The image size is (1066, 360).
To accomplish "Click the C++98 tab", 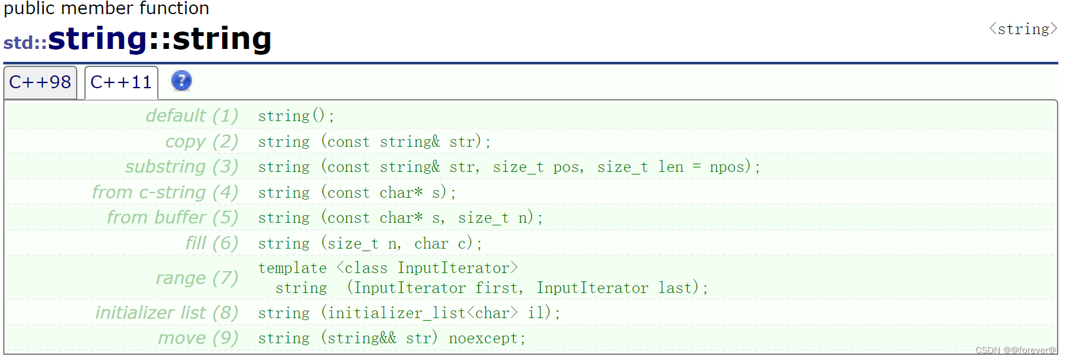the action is click(40, 82).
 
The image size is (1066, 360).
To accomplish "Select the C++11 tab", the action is click(121, 82).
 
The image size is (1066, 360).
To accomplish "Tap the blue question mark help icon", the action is click(182, 81).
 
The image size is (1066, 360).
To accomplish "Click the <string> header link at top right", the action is click(1023, 29).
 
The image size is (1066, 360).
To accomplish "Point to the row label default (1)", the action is click(192, 116).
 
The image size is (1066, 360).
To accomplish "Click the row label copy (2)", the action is click(202, 142).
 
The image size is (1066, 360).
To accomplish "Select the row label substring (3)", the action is click(182, 167).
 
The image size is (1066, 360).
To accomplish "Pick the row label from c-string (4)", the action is click(165, 193).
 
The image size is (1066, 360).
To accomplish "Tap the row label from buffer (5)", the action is click(173, 218).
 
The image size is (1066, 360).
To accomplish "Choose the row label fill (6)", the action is click(212, 243).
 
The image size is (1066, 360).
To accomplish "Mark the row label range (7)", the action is click(197, 278).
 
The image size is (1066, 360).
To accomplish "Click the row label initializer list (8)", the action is click(167, 313).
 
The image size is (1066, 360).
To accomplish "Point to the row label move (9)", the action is click(198, 338).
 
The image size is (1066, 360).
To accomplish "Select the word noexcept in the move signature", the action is click(483, 339).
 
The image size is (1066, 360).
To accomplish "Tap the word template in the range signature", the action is click(292, 268).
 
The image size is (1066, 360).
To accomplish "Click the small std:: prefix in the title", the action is click(25, 43).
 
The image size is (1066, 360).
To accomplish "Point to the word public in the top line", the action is click(29, 8).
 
